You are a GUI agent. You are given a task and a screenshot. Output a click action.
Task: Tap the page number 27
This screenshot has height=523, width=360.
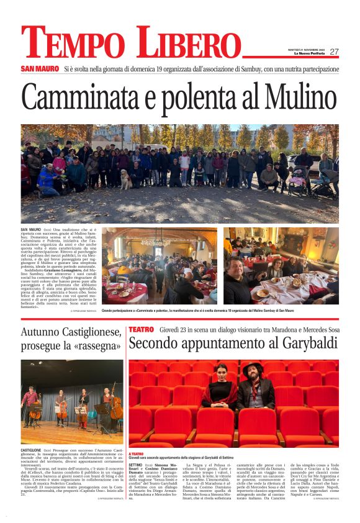(334, 52)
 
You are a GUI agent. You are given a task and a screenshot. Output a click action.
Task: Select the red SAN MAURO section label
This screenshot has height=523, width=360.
(38, 68)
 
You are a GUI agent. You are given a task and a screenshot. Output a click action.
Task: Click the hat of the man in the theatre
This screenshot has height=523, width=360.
(254, 367)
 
